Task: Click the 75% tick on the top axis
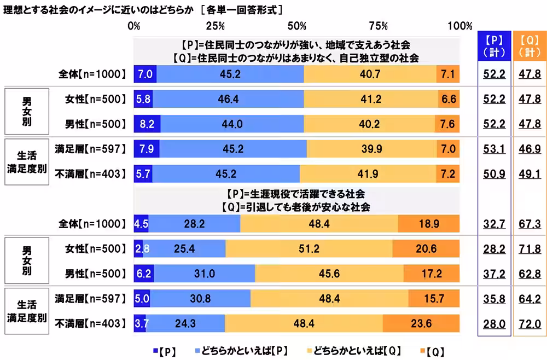(x=379, y=26)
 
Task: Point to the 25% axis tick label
(x=216, y=26)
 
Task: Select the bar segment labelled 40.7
(x=370, y=74)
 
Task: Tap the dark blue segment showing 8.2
(x=147, y=124)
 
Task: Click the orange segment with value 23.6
(x=421, y=323)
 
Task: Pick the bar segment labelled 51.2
(x=309, y=249)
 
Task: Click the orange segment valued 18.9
(x=428, y=224)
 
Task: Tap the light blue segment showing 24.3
(x=185, y=323)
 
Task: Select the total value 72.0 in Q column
(x=529, y=323)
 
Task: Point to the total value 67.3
(x=529, y=224)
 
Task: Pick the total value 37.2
(x=494, y=274)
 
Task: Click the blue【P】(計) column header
(x=494, y=47)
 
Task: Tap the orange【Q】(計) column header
(x=529, y=47)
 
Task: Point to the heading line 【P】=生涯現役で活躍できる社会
(x=296, y=194)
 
